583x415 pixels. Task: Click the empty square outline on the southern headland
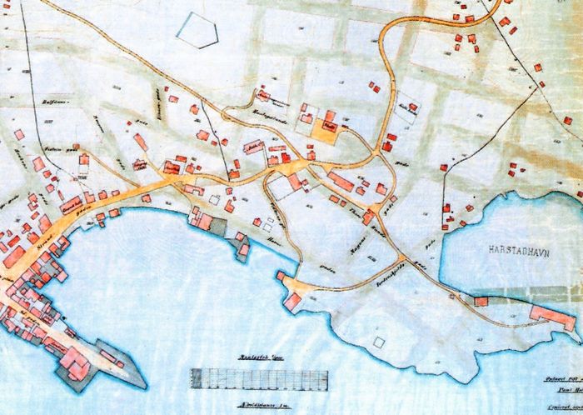point(380,342)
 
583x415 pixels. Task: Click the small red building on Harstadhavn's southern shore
point(481,300)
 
